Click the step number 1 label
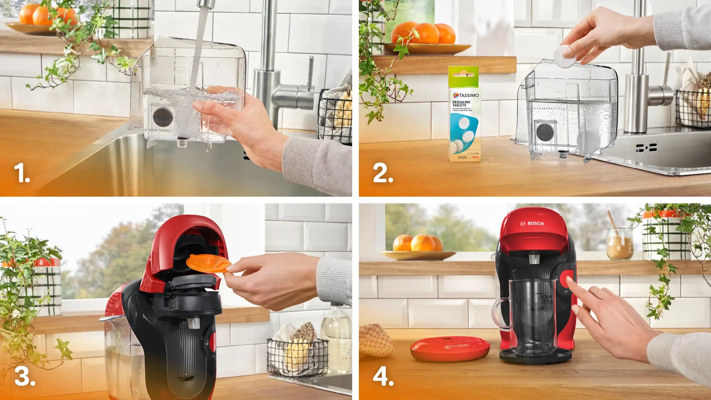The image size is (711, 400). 22,173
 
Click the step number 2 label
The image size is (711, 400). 383,173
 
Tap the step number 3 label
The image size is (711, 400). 25,376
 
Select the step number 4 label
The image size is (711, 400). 383,376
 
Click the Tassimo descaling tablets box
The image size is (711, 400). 465,117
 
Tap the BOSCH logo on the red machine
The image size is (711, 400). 532,223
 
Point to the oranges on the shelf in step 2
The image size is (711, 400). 423,34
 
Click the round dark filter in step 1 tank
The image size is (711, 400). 163,116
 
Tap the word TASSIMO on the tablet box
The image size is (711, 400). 469,95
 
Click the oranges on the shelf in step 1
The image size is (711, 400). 46,15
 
